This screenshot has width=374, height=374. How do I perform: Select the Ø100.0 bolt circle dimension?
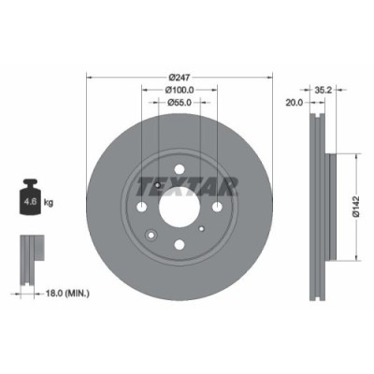click(x=180, y=90)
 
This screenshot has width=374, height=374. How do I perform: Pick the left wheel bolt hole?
click(x=141, y=208)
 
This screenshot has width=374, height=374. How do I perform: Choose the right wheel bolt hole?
click(x=219, y=208)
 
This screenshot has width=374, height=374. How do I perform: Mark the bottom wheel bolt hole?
click(x=180, y=246)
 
